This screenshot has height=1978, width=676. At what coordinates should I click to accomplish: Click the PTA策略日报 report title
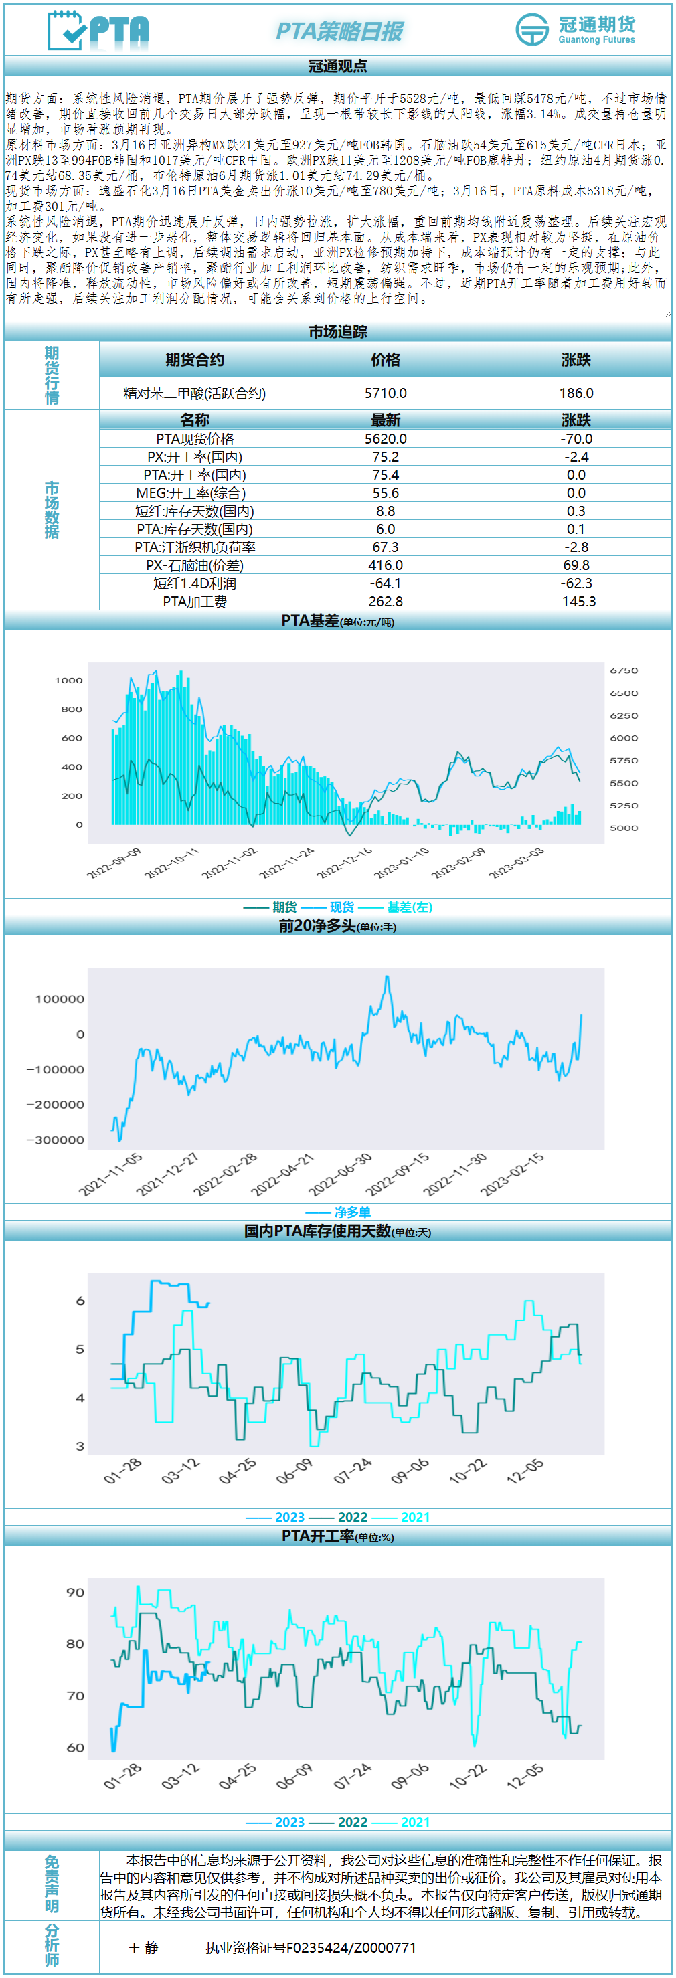click(x=339, y=31)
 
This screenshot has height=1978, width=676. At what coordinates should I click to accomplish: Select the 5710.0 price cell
click(x=385, y=393)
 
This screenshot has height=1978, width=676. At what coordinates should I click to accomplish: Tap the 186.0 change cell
click(x=576, y=393)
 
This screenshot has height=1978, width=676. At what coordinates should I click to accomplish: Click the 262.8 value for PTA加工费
click(x=385, y=602)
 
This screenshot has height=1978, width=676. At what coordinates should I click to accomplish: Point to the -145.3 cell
click(x=576, y=602)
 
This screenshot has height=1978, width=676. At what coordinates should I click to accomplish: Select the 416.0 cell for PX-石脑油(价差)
click(x=385, y=565)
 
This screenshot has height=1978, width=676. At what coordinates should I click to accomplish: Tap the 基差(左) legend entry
click(x=410, y=907)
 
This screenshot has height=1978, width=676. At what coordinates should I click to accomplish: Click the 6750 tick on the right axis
click(x=624, y=670)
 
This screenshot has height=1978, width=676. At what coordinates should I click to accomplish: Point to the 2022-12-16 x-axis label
click(x=345, y=863)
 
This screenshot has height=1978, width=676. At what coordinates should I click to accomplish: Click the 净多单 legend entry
click(x=352, y=1212)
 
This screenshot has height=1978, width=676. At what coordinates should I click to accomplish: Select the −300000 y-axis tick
click(x=56, y=1140)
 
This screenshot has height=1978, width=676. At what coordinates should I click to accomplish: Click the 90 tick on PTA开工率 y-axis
click(x=75, y=1592)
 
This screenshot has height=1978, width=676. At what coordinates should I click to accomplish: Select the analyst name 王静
click(x=143, y=1947)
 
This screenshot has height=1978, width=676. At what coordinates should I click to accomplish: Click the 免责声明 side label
click(x=52, y=1884)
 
